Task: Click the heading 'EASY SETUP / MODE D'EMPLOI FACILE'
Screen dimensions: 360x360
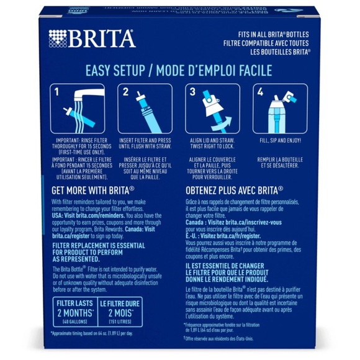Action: [x=179, y=70]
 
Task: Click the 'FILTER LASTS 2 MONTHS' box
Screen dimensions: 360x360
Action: [x=74, y=307]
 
